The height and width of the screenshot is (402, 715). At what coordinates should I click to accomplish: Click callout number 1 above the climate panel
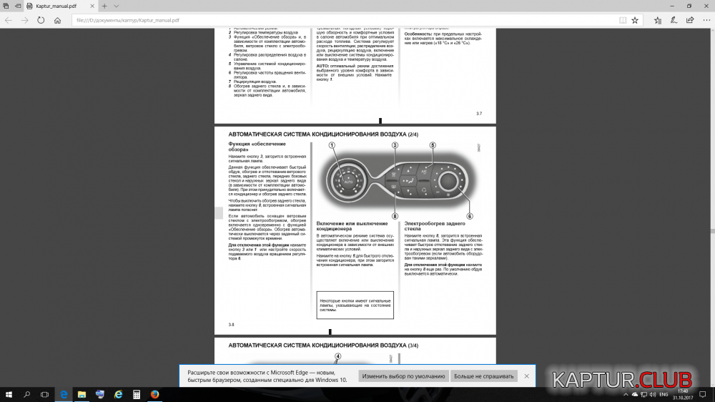pyautogui.click(x=332, y=145)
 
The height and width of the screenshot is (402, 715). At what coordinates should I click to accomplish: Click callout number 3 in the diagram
pyautogui.click(x=395, y=145)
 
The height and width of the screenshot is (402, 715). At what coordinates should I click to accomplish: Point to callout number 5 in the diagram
pyautogui.click(x=433, y=145)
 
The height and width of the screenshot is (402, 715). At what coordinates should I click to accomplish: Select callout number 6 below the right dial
pyautogui.click(x=470, y=216)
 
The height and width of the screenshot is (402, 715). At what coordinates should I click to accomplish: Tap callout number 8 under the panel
pyautogui.click(x=395, y=216)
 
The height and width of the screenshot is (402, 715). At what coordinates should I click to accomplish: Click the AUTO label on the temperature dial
pyautogui.click(x=349, y=182)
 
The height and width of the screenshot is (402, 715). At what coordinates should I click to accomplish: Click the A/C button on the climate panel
pyautogui.click(x=423, y=172)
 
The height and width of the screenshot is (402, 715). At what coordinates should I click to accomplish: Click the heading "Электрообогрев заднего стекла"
pyautogui.click(x=430, y=226)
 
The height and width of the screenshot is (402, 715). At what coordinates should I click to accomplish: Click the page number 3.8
pyautogui.click(x=232, y=325)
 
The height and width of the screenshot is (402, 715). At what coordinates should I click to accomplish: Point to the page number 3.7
pyautogui.click(x=479, y=114)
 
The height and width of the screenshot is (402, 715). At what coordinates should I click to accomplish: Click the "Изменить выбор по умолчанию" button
pyautogui.click(x=403, y=376)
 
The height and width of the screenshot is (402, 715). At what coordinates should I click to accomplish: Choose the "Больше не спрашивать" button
pyautogui.click(x=483, y=376)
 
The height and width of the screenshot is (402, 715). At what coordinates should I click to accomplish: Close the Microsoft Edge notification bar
pyautogui.click(x=527, y=376)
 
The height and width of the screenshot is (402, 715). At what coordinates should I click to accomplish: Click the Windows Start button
pyautogui.click(x=9, y=394)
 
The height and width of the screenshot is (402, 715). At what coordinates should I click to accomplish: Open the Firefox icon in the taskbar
pyautogui.click(x=154, y=394)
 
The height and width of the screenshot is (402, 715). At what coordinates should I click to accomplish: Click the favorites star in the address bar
pyautogui.click(x=635, y=20)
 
